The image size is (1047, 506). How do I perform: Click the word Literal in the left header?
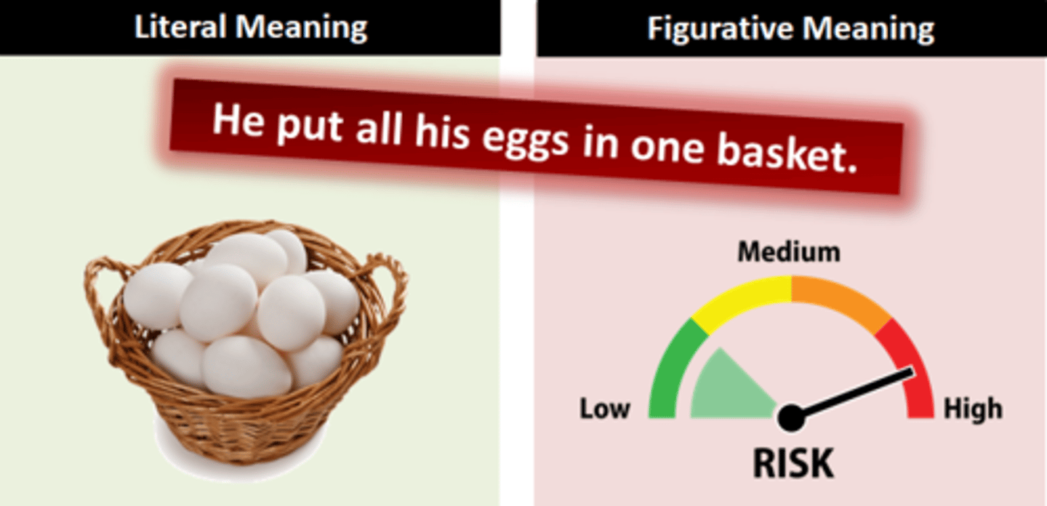coord(181,27)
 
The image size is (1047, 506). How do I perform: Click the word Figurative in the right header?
coord(720,28)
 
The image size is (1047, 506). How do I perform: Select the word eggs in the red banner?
coord(525,140)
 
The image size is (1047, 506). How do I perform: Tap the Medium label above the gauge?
coord(789,252)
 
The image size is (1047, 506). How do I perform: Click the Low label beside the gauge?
coord(605,409)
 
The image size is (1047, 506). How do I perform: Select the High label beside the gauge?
coord(973,409)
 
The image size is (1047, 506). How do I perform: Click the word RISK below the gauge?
coord(793,463)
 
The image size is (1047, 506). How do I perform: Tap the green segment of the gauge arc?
coord(670,369)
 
